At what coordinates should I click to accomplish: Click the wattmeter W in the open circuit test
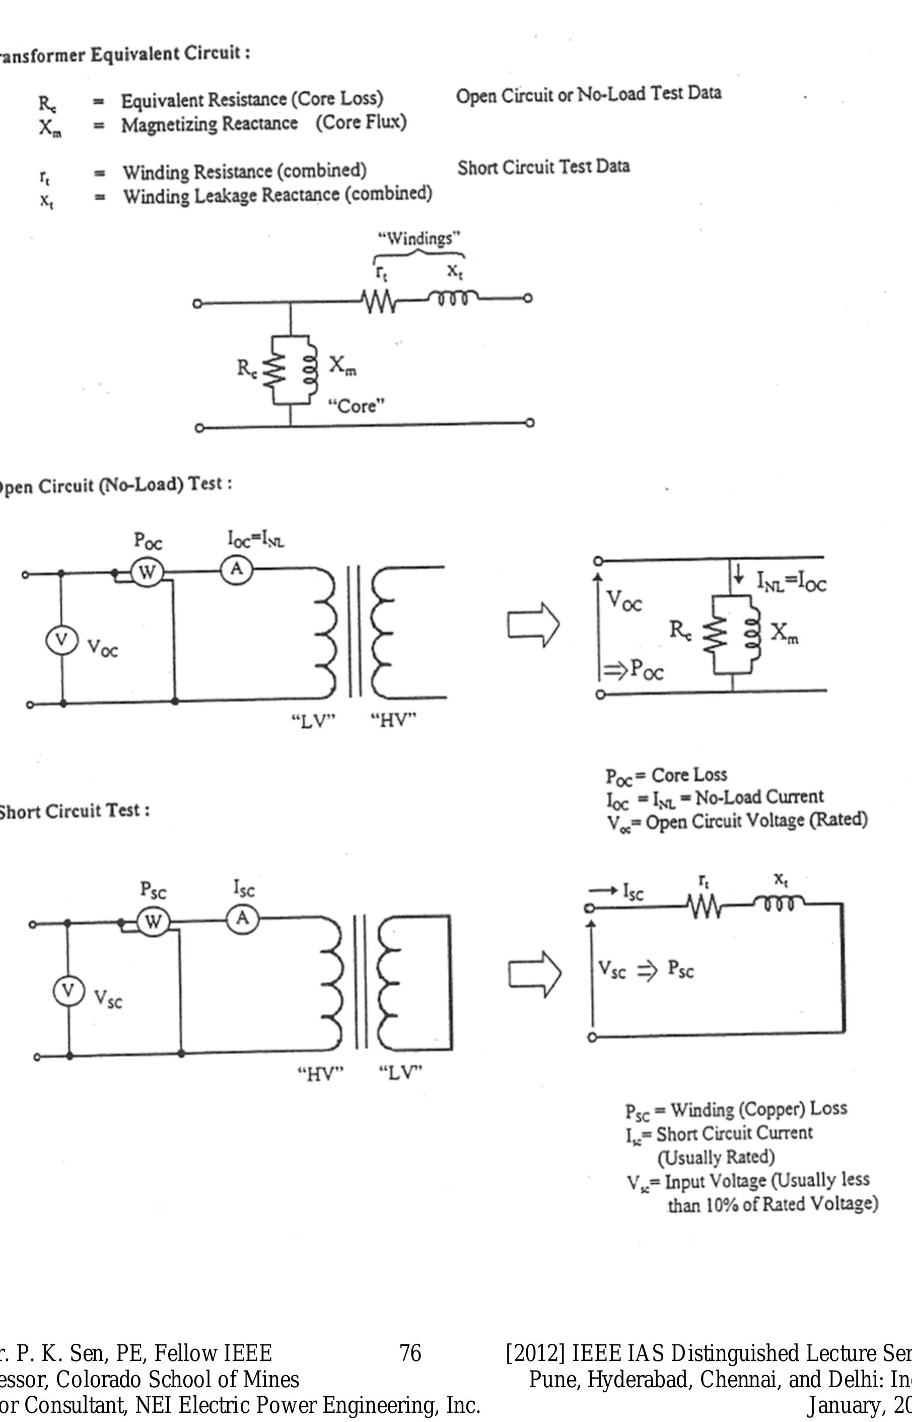pos(146,573)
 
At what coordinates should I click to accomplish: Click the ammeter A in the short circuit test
pos(242,919)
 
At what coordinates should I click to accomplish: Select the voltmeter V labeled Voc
pos(61,640)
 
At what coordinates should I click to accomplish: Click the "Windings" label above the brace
pos(419,239)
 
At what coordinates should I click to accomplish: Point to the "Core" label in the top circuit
pos(357,407)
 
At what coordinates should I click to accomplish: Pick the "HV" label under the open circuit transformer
pos(394,721)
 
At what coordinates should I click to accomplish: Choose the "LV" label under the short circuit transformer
pos(401,1072)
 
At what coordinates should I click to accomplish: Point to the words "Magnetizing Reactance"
pos(209,124)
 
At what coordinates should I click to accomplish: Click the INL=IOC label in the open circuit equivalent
pos(791,582)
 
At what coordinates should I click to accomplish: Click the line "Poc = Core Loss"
pos(666,775)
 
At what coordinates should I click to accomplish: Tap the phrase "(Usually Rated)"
pos(716,1157)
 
